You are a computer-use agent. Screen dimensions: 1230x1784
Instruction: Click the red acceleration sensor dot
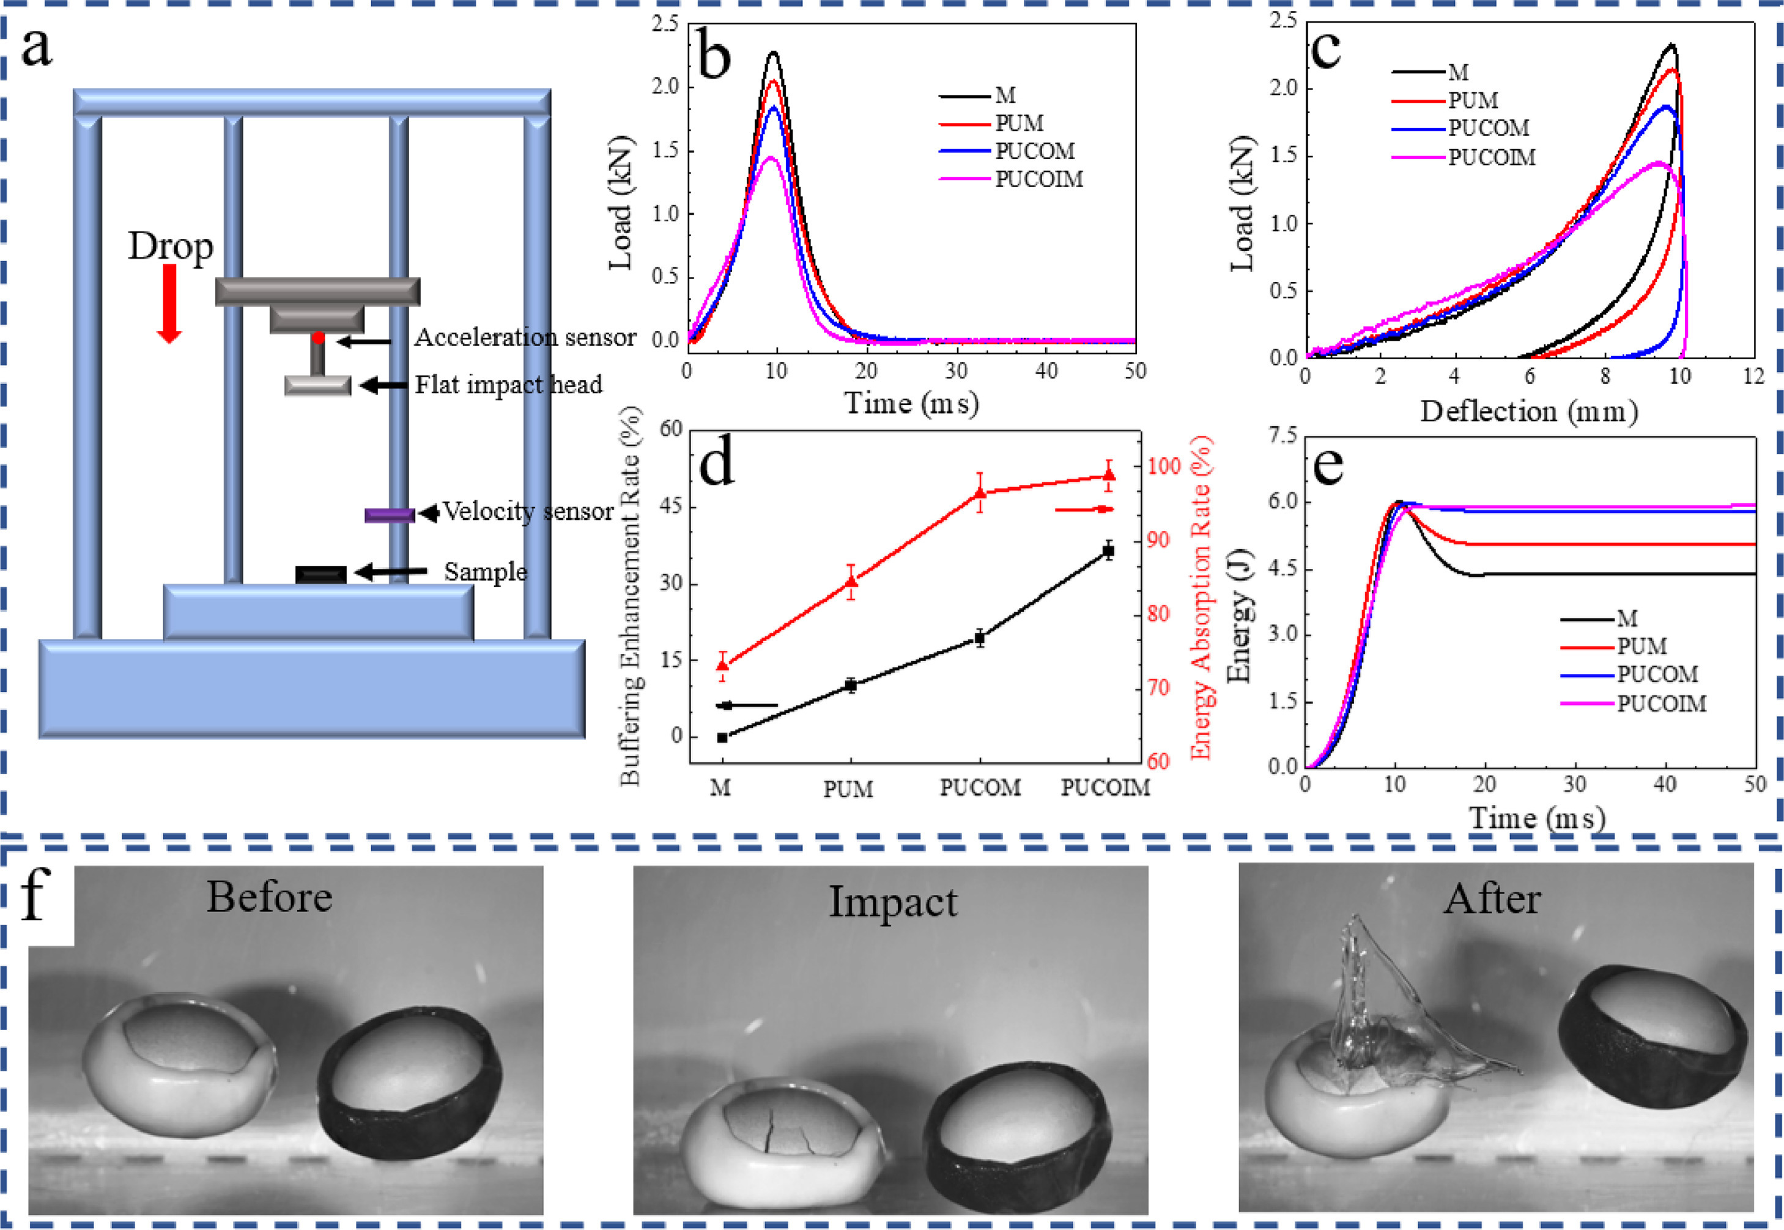click(318, 338)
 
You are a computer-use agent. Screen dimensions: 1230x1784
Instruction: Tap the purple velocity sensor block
click(389, 515)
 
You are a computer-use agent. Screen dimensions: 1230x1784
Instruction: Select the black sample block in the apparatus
click(320, 574)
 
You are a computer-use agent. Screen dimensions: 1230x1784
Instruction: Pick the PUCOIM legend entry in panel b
click(1038, 179)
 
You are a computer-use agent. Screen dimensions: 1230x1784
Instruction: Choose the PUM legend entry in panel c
click(1473, 100)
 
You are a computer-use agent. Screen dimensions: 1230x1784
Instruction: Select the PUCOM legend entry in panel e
click(1657, 675)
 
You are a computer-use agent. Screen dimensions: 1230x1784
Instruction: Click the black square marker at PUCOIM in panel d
click(1108, 550)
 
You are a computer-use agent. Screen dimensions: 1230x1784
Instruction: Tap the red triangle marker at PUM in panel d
click(851, 580)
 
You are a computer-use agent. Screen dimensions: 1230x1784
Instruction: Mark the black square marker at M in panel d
click(722, 738)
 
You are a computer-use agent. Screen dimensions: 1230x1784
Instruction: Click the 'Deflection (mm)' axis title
click(1529, 412)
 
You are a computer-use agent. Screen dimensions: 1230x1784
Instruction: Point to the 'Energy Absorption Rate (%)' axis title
click(1201, 598)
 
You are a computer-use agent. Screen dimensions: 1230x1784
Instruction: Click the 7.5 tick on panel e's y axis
click(1282, 436)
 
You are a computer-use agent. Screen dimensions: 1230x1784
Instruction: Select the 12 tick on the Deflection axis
click(1754, 376)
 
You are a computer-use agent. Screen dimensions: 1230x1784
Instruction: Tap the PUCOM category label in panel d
click(980, 788)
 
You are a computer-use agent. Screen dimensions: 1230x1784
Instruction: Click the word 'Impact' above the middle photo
click(892, 902)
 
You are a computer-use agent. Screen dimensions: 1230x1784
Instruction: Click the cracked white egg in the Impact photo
click(782, 1141)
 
